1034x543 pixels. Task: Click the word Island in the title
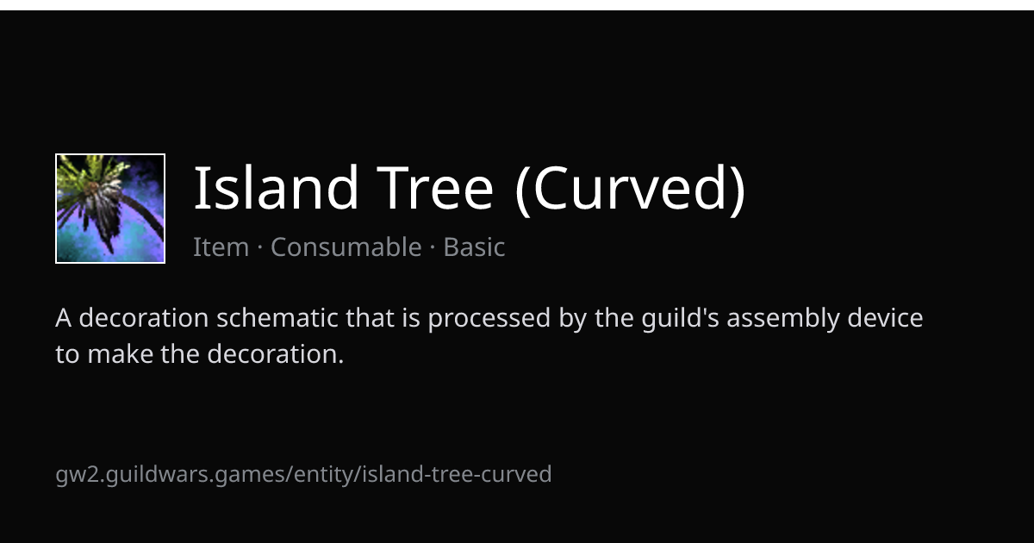coord(276,187)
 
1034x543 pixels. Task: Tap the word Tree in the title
coord(435,187)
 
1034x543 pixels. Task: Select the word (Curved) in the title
coord(631,190)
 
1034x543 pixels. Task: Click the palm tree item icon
coord(110,209)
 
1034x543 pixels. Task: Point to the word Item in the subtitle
coord(221,247)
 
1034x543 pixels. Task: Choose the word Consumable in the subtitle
coord(346,247)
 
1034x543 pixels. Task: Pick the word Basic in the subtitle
coord(474,247)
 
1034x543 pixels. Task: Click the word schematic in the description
coord(277,318)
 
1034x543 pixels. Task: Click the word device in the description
coord(885,318)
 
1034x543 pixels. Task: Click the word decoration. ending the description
coord(276,354)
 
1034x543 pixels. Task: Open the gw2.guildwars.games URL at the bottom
coord(303,475)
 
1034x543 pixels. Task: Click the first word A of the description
coord(63,318)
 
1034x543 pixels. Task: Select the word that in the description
coord(370,318)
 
